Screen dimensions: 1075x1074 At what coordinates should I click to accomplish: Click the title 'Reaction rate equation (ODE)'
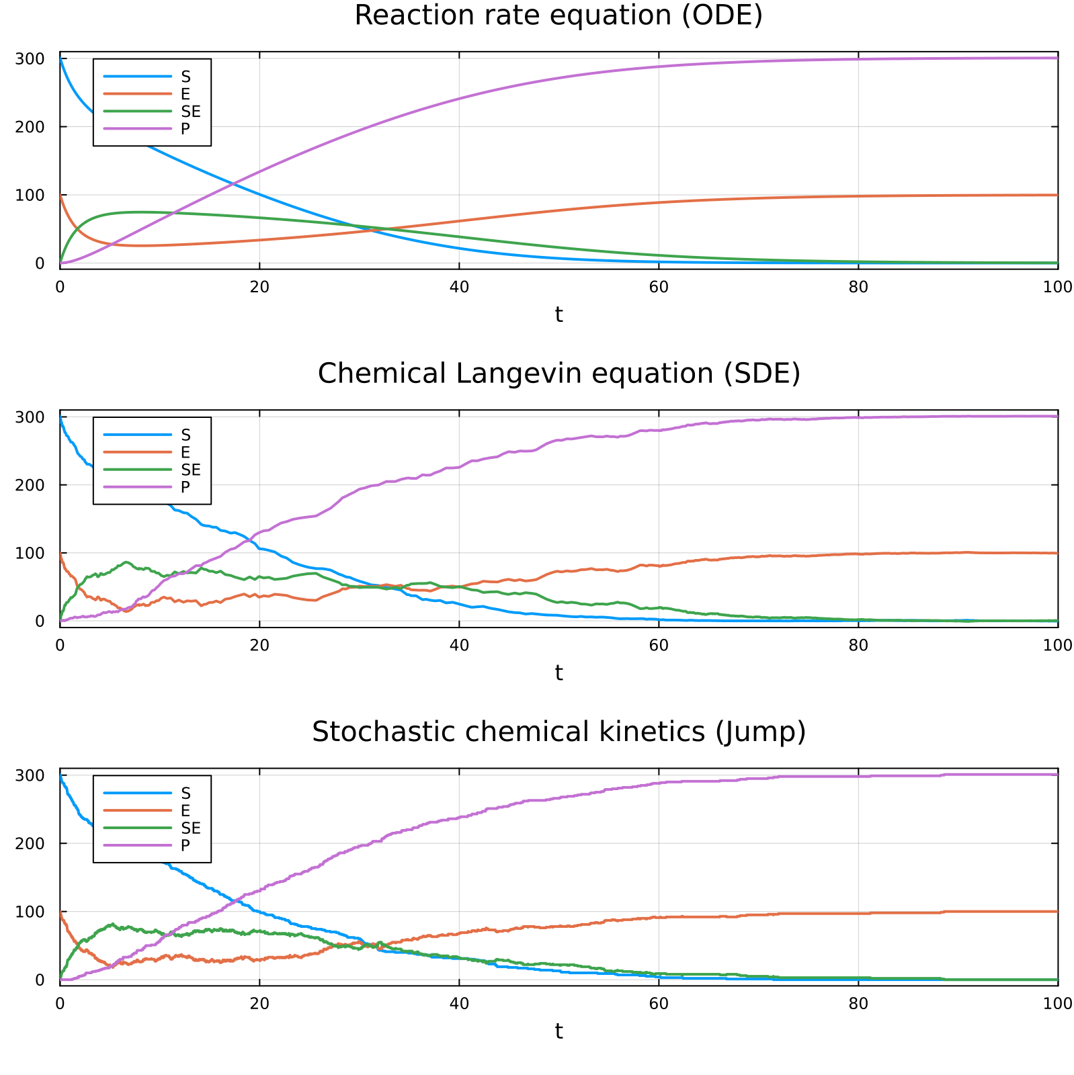(559, 15)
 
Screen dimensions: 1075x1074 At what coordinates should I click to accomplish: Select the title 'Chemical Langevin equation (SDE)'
(559, 374)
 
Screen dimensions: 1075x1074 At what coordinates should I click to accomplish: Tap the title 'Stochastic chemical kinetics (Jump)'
(559, 732)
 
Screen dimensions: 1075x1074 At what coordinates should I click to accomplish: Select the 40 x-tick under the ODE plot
(458, 287)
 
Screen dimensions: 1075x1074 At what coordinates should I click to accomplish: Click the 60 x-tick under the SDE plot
(658, 645)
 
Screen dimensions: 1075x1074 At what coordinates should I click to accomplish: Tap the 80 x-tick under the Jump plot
(858, 1003)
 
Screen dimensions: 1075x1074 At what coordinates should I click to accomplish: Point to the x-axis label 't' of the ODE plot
(559, 314)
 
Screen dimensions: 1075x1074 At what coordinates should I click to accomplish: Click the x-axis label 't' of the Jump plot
(559, 1031)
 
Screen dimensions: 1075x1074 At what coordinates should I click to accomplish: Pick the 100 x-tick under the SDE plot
(1057, 645)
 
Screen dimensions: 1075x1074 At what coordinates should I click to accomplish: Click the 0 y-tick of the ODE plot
(39, 263)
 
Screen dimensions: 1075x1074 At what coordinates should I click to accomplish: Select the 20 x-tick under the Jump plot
(259, 1003)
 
